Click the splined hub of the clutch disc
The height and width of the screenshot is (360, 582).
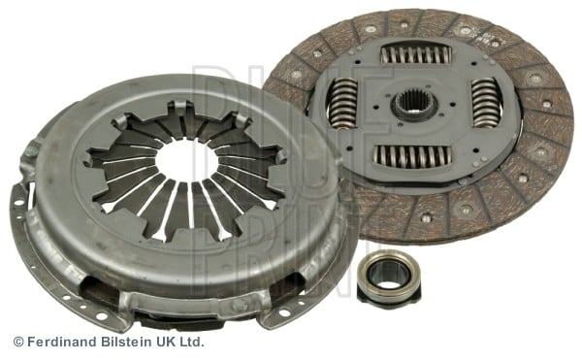click(x=414, y=105)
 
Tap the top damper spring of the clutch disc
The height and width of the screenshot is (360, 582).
click(x=416, y=54)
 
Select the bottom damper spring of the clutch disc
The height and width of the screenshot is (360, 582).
click(x=411, y=155)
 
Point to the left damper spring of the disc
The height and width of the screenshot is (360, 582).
click(x=343, y=103)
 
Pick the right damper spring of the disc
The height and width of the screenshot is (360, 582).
click(x=486, y=103)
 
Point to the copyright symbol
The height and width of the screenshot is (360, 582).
click(x=18, y=342)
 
